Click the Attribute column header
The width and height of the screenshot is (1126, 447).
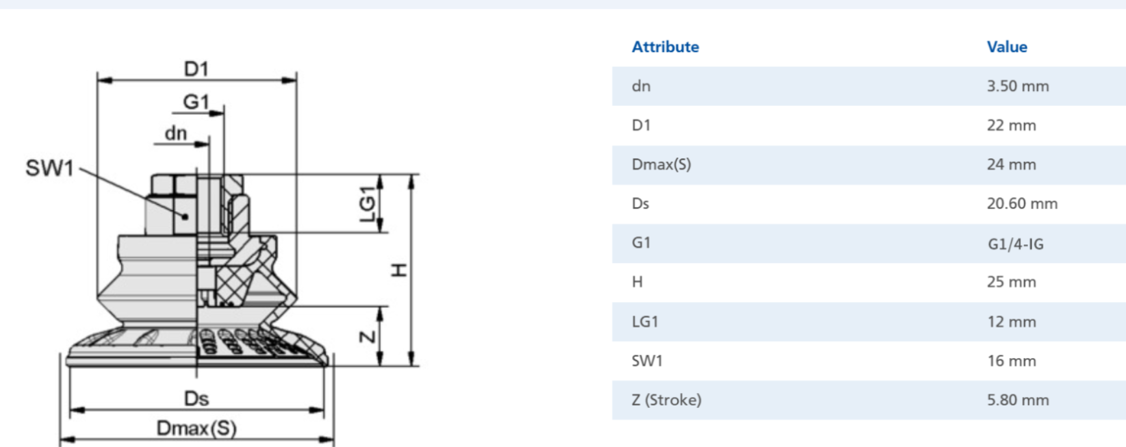pos(665,47)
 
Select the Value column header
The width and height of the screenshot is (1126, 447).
pos(1007,47)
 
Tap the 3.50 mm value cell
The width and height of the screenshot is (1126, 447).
pos(1017,86)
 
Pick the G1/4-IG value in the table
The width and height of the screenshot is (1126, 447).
pos(1016,244)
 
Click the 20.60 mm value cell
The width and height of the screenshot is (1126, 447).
pos(1022,204)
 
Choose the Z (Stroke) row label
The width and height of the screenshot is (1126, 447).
pos(667,400)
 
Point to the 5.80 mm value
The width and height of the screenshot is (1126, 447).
pos(1017,400)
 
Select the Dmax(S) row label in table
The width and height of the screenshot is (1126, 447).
pos(661,164)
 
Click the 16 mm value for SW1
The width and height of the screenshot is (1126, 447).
pos(1012,361)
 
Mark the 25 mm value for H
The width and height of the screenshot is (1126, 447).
pos(1011,282)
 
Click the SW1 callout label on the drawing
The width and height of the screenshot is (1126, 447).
pos(50,168)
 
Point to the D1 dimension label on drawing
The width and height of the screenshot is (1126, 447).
pos(196,68)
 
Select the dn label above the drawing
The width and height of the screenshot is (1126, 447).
pos(175,133)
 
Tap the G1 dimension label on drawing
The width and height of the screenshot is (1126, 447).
pos(196,101)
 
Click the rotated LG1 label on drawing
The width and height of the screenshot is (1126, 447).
pos(368,203)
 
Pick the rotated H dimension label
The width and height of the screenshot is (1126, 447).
pos(399,270)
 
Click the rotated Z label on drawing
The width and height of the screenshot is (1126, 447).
pos(368,337)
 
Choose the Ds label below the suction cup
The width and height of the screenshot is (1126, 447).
pos(196,398)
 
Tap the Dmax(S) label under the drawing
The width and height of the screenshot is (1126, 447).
pos(196,428)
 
